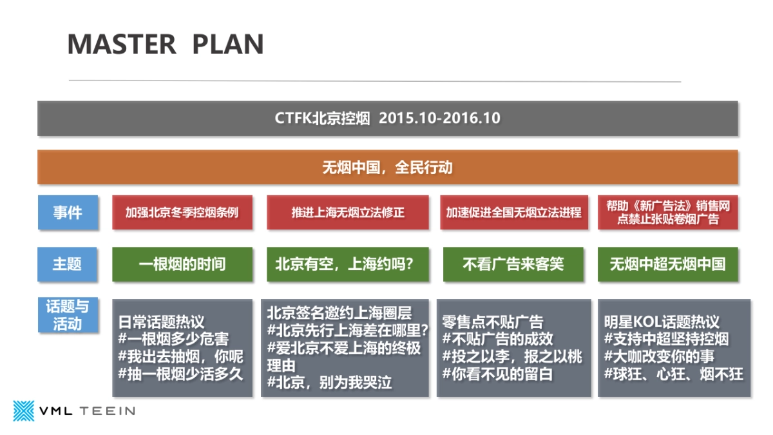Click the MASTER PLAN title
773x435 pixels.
click(x=166, y=44)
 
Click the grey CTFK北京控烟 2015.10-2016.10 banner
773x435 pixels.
click(x=387, y=119)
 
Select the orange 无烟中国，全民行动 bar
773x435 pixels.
click(x=387, y=168)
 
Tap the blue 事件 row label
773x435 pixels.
click(x=68, y=212)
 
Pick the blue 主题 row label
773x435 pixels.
click(x=68, y=264)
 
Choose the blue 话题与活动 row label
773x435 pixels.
click(x=68, y=314)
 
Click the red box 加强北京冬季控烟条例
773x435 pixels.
click(x=182, y=212)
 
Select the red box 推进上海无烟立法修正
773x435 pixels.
click(x=348, y=212)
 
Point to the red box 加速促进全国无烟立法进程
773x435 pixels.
click(x=514, y=212)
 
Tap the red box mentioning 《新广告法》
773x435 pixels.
click(x=668, y=212)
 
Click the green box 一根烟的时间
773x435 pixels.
click(x=182, y=264)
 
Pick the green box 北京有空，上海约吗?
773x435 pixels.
click(x=348, y=264)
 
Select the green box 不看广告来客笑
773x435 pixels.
click(x=514, y=264)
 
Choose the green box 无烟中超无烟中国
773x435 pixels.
click(x=668, y=264)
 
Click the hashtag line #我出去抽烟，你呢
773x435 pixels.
click(x=180, y=356)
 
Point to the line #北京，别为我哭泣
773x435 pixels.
click(x=329, y=382)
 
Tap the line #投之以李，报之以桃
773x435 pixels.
click(x=512, y=356)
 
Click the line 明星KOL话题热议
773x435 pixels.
click(x=662, y=322)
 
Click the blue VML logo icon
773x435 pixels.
click(x=24, y=411)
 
